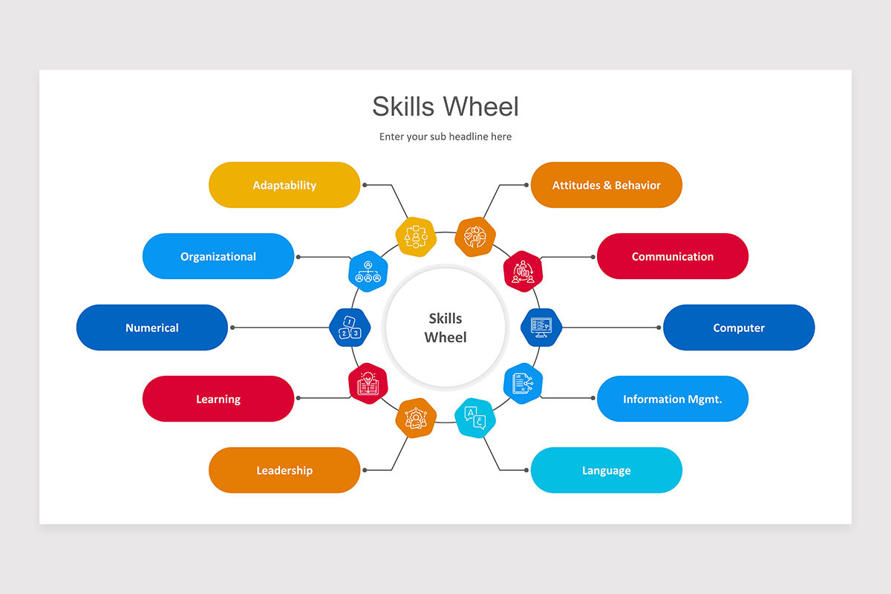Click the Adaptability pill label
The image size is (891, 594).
284,185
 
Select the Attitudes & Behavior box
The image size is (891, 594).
606,185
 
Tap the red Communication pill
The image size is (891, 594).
672,256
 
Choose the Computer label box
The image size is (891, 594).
738,327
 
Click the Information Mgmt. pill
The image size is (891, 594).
672,399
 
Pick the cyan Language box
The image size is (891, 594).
606,470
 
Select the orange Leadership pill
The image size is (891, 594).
284,470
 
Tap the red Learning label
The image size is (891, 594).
218,399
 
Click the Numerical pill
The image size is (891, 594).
152,327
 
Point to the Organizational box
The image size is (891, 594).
218,256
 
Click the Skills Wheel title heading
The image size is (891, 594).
446,106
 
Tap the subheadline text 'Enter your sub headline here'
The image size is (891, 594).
446,137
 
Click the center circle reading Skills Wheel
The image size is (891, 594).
446,327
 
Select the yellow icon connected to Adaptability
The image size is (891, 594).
415,236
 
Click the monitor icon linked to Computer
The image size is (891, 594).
541,327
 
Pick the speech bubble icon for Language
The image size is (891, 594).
475,418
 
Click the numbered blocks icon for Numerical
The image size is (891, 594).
349,327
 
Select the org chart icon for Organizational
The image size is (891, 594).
368,271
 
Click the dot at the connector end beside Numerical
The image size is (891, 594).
232,327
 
